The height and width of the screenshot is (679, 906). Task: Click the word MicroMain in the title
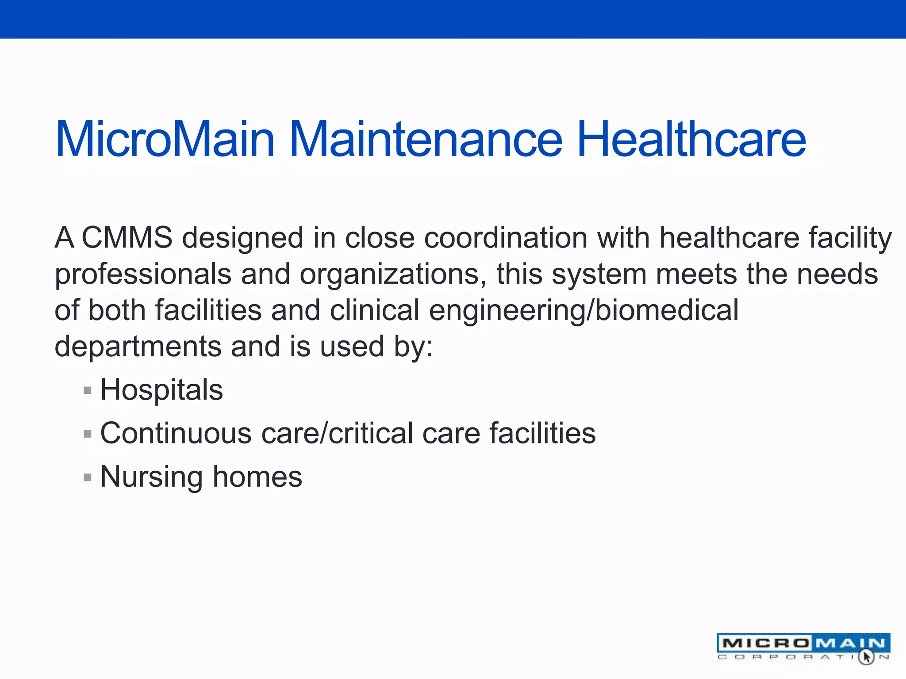[x=165, y=140]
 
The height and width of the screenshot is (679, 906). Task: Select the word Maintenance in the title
[x=426, y=140]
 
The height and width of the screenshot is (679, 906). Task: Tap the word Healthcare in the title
[x=691, y=140]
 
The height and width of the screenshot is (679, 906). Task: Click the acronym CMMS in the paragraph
[x=127, y=238]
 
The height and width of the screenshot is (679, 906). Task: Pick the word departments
[x=138, y=347]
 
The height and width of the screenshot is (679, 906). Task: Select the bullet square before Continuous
[x=88, y=434]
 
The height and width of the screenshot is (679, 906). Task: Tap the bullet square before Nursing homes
[x=88, y=477]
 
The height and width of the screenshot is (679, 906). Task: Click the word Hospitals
[x=161, y=390]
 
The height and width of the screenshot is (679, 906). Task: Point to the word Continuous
[x=176, y=433]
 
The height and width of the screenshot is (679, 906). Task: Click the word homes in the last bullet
[x=257, y=477]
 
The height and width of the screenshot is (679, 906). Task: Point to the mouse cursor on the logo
[x=866, y=657]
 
